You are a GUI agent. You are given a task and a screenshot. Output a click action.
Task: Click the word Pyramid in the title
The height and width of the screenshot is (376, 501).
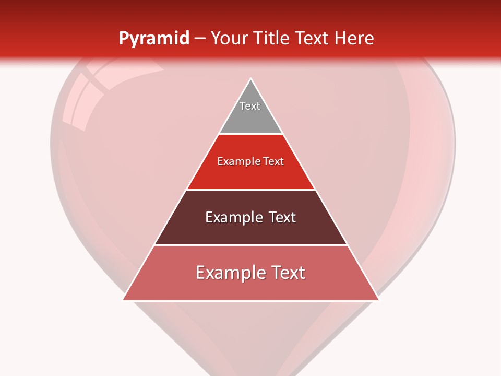[x=154, y=39]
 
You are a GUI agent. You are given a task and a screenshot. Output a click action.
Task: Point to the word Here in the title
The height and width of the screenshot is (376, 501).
[x=354, y=39]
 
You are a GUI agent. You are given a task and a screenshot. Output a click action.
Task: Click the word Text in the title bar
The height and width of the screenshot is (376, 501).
[x=313, y=39]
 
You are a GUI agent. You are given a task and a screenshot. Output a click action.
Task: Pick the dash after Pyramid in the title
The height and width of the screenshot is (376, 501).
[x=200, y=39]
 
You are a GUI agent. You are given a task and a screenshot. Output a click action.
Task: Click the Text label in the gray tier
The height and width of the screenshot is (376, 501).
[x=250, y=106]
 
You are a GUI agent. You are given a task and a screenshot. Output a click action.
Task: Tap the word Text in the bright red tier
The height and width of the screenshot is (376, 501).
[x=273, y=162]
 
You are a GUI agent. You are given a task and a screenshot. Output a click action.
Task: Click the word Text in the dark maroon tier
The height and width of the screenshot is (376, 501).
[x=282, y=217]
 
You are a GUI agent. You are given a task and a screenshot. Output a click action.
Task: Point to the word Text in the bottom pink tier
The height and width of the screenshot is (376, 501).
[x=288, y=273]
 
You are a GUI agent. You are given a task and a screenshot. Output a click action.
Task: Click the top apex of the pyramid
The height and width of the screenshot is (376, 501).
[x=251, y=79]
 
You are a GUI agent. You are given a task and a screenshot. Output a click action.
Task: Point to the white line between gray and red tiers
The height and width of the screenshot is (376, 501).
[x=251, y=134]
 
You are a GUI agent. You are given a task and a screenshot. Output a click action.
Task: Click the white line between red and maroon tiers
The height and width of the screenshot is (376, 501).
[x=251, y=190]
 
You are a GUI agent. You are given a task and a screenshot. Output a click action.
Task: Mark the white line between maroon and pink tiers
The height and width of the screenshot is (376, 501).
[x=251, y=245]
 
